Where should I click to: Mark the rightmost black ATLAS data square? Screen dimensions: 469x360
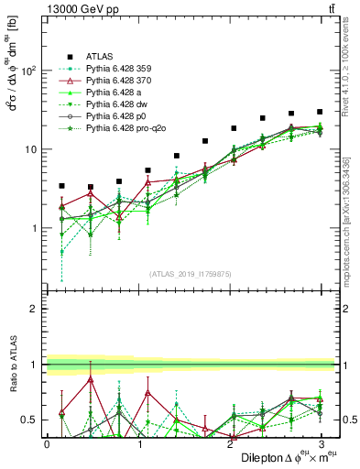(x=319, y=112)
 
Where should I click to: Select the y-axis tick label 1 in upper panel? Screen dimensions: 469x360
(x=35, y=228)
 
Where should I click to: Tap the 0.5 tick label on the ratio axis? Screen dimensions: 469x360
(x=29, y=420)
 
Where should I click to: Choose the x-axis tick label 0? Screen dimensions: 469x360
(x=47, y=443)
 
